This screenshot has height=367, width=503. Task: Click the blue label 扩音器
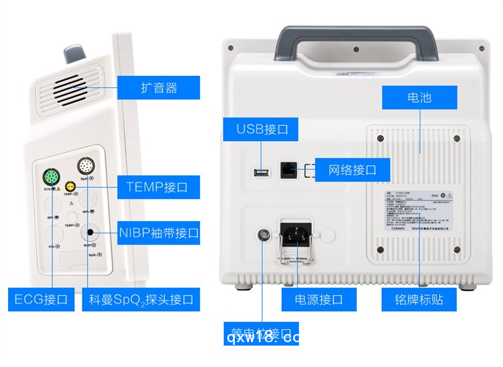(159, 87)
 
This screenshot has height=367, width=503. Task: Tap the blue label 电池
(420, 98)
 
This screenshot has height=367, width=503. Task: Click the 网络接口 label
(352, 169)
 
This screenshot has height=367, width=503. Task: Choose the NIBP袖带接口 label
(158, 233)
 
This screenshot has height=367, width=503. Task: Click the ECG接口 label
(42, 299)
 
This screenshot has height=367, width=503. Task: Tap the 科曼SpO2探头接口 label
(141, 299)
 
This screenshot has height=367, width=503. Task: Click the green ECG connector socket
(50, 178)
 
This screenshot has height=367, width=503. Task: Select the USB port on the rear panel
(260, 173)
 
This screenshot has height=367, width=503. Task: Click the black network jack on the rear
(288, 170)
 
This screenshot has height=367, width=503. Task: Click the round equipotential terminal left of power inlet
(262, 235)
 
